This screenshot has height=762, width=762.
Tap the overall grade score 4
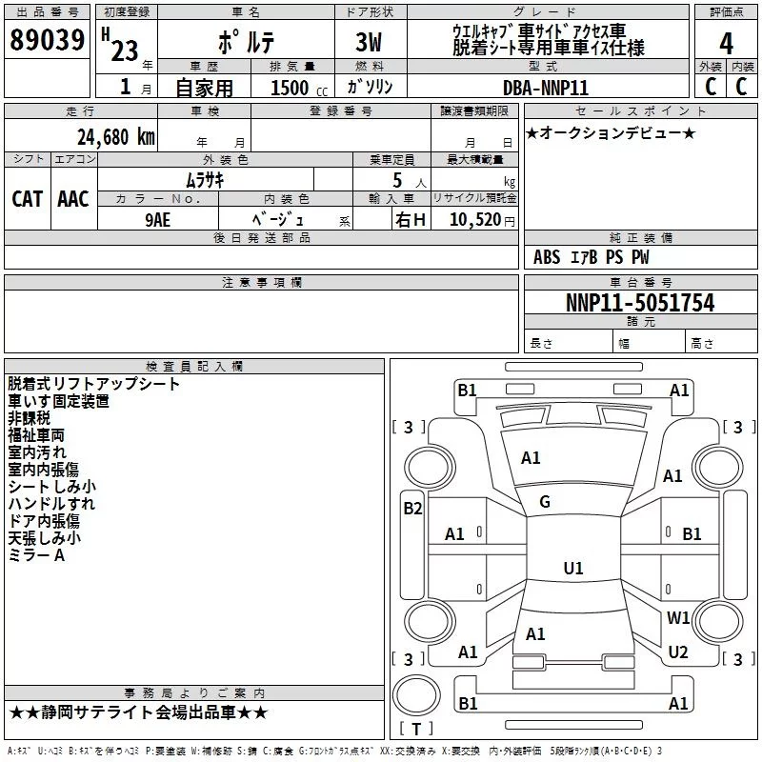click(x=726, y=44)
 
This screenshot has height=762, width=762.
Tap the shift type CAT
click(x=27, y=198)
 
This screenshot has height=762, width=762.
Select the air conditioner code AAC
click(x=73, y=198)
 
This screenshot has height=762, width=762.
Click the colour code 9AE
click(x=158, y=219)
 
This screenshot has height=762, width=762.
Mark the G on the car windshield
click(x=545, y=501)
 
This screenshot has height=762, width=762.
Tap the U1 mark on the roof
click(x=572, y=568)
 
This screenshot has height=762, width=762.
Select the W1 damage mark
click(x=678, y=617)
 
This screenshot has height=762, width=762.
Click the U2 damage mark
click(x=678, y=652)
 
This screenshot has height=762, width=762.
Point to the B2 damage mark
click(x=412, y=508)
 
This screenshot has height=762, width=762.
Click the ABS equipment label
click(x=547, y=257)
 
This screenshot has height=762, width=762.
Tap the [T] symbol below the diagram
click(x=415, y=730)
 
